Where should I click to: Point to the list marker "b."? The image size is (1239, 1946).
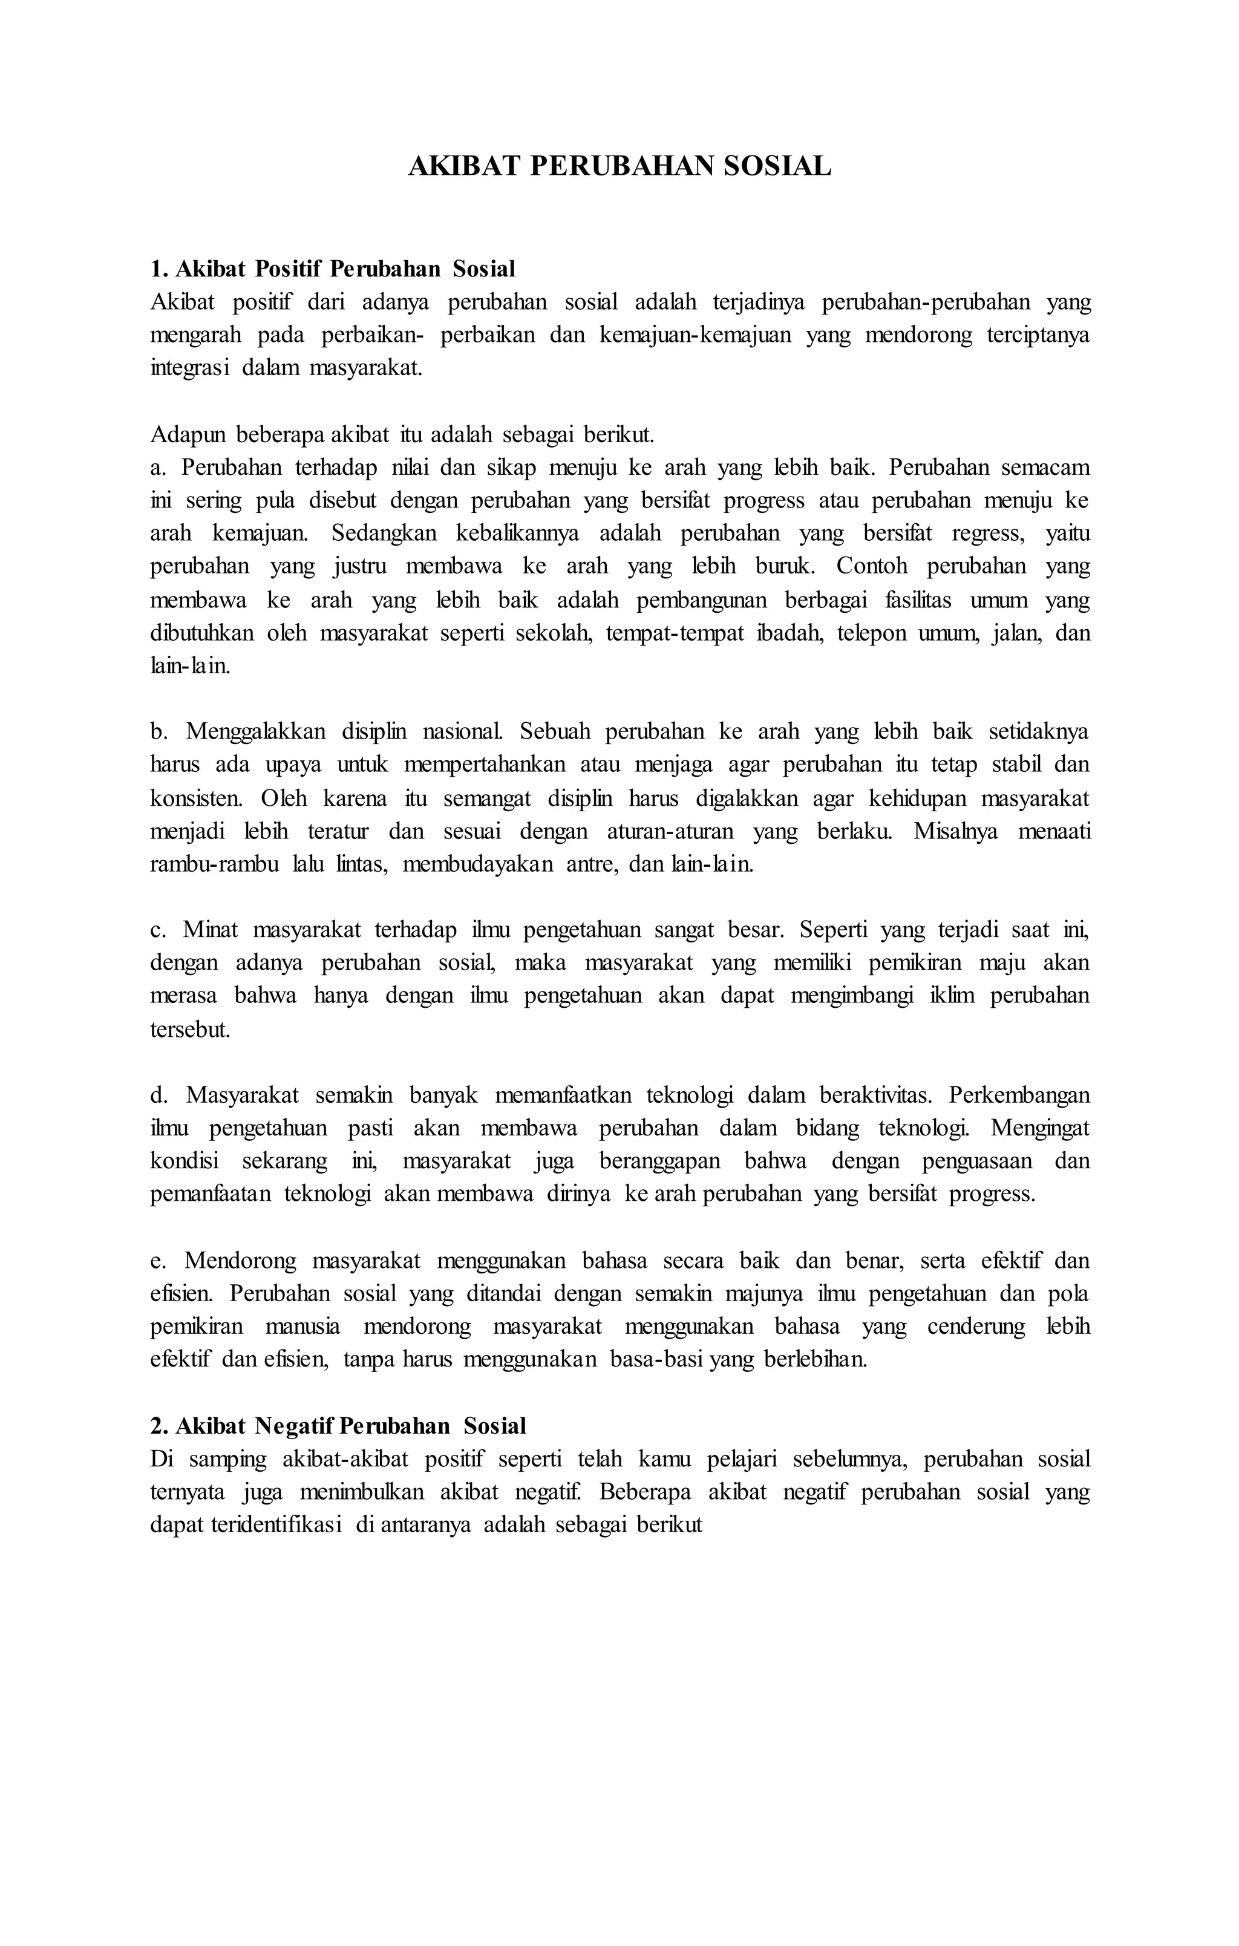[159, 731]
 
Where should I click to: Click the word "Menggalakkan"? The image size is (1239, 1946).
[256, 731]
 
